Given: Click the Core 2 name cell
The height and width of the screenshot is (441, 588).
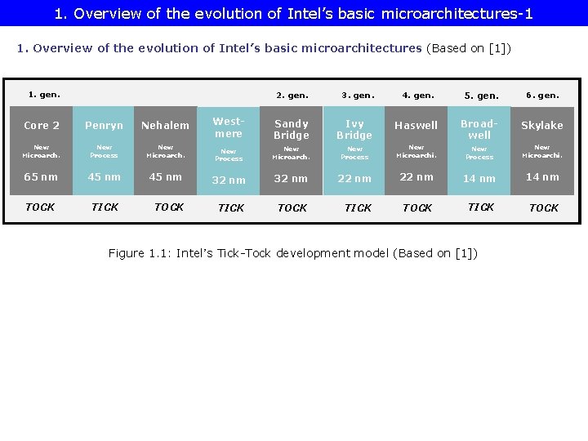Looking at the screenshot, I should (x=42, y=126).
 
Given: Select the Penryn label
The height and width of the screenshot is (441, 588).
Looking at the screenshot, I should (x=105, y=126).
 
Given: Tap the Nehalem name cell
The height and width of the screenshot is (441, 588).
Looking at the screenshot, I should (x=165, y=126).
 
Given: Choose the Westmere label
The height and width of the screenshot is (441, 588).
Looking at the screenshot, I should (x=229, y=127).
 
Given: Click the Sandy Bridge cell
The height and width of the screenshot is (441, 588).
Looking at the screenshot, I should (x=292, y=130).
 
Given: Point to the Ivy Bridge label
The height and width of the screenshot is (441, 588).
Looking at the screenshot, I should (x=354, y=130).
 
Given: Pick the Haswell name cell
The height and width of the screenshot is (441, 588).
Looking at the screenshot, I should (x=416, y=126).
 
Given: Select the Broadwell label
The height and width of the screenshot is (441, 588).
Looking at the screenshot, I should (x=479, y=129).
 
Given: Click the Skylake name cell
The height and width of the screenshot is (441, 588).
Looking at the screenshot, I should (x=542, y=126).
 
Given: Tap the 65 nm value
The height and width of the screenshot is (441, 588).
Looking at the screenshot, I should (x=41, y=177).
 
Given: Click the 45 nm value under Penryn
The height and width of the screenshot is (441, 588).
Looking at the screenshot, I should (x=105, y=177).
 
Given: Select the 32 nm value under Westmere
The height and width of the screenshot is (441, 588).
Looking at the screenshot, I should (x=229, y=180).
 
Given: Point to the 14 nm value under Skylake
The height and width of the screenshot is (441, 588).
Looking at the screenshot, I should (x=542, y=177).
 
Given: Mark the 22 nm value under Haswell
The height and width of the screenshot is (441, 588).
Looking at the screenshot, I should (x=416, y=177).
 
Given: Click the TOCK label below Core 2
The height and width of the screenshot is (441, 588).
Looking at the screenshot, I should (x=40, y=207).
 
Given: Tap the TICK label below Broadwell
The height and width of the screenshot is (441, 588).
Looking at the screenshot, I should (x=480, y=207).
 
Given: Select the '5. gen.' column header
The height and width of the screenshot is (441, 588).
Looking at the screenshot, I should (x=481, y=96).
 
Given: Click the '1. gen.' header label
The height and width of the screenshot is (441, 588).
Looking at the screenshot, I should (x=44, y=94).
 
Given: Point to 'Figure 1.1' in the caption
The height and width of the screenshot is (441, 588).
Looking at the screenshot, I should (x=138, y=253).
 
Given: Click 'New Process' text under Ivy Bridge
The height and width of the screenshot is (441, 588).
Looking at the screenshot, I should (x=354, y=153).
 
